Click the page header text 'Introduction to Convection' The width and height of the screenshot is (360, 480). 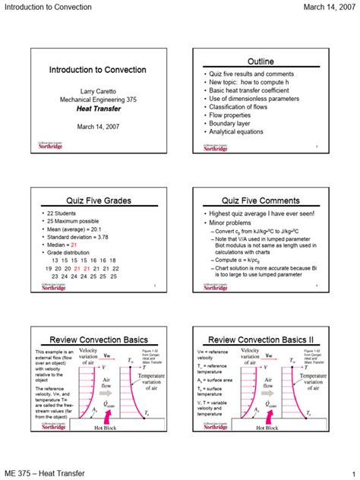click(x=50, y=7)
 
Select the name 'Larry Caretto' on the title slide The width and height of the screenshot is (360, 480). click(x=98, y=90)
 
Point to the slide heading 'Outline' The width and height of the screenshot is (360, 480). click(x=261, y=61)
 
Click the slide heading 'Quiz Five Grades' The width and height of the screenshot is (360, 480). click(x=98, y=201)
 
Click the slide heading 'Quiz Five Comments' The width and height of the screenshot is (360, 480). click(x=261, y=201)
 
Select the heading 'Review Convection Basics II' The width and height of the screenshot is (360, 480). click(x=261, y=339)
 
